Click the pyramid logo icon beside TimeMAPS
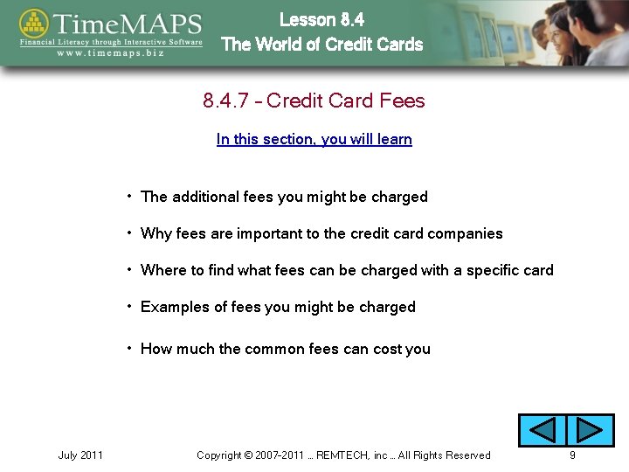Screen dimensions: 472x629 coord(34,26)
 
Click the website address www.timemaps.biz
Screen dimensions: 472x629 coord(111,52)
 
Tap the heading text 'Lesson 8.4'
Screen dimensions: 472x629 coord(321,19)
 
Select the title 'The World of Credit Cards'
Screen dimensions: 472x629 coord(321,45)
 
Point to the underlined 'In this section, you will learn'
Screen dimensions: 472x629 coord(314,139)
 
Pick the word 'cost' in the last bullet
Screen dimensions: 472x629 coord(387,349)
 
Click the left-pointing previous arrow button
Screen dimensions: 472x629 coord(543,430)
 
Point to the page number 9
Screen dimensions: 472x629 coord(572,455)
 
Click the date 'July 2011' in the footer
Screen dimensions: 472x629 coord(80,455)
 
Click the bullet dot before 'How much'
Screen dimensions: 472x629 coord(129,348)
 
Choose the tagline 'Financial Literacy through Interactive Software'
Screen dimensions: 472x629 coord(111,41)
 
